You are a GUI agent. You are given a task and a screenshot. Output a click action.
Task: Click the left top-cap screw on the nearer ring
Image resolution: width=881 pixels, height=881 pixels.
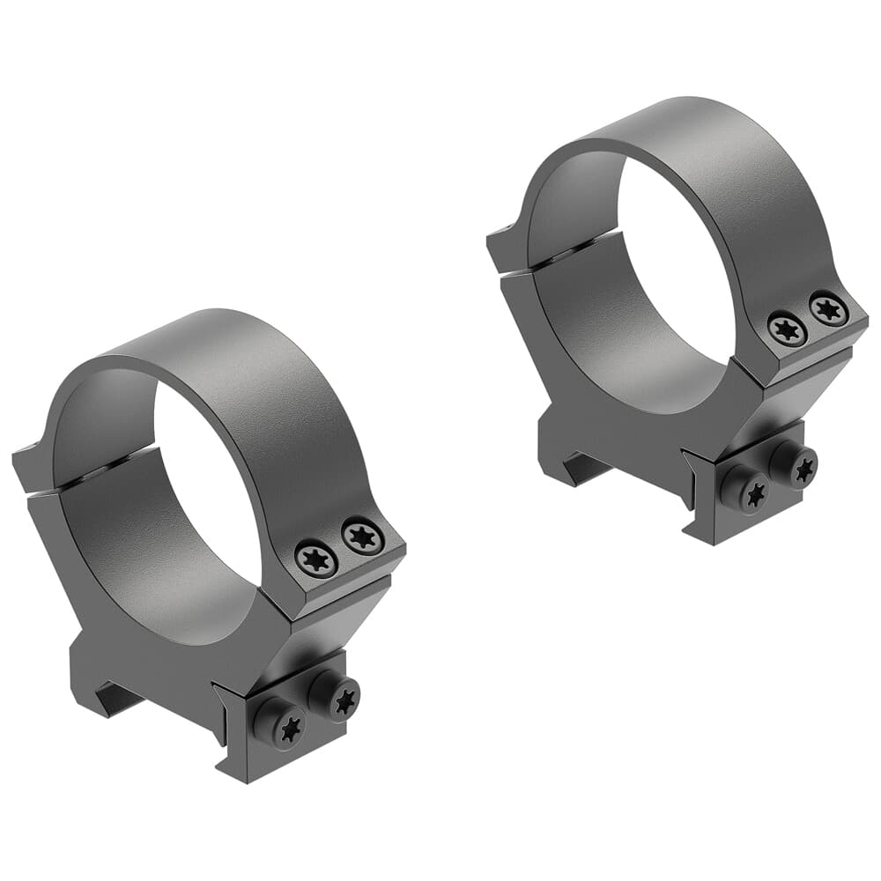pyautogui.click(x=317, y=559)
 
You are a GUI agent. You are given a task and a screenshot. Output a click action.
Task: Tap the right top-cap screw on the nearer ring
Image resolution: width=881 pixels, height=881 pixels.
pyautogui.click(x=362, y=537)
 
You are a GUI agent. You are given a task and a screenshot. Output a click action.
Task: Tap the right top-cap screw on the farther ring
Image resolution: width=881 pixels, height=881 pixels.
pyautogui.click(x=828, y=307)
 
